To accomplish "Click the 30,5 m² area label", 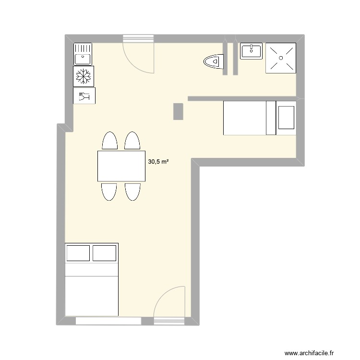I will pos(158,162).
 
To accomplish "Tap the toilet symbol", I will pos(214,61).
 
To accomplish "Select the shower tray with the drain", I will pos(281,58).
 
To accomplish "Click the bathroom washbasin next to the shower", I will pos(251,50).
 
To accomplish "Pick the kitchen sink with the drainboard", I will pos(83,53).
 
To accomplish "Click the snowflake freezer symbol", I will pos(84,75).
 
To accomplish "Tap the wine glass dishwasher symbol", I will pos(84,96).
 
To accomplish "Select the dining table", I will pos(121,166).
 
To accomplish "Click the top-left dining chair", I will pos(110,141).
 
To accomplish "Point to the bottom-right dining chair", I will pos(133,191).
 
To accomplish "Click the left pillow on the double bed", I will pos(78,253).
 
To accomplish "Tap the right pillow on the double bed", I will pos(105,253).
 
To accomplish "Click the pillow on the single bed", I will pos(286,118).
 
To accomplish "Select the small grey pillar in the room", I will pos(178,111).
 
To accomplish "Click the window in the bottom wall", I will pos(114,321).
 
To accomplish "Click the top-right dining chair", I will pos(132,141).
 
